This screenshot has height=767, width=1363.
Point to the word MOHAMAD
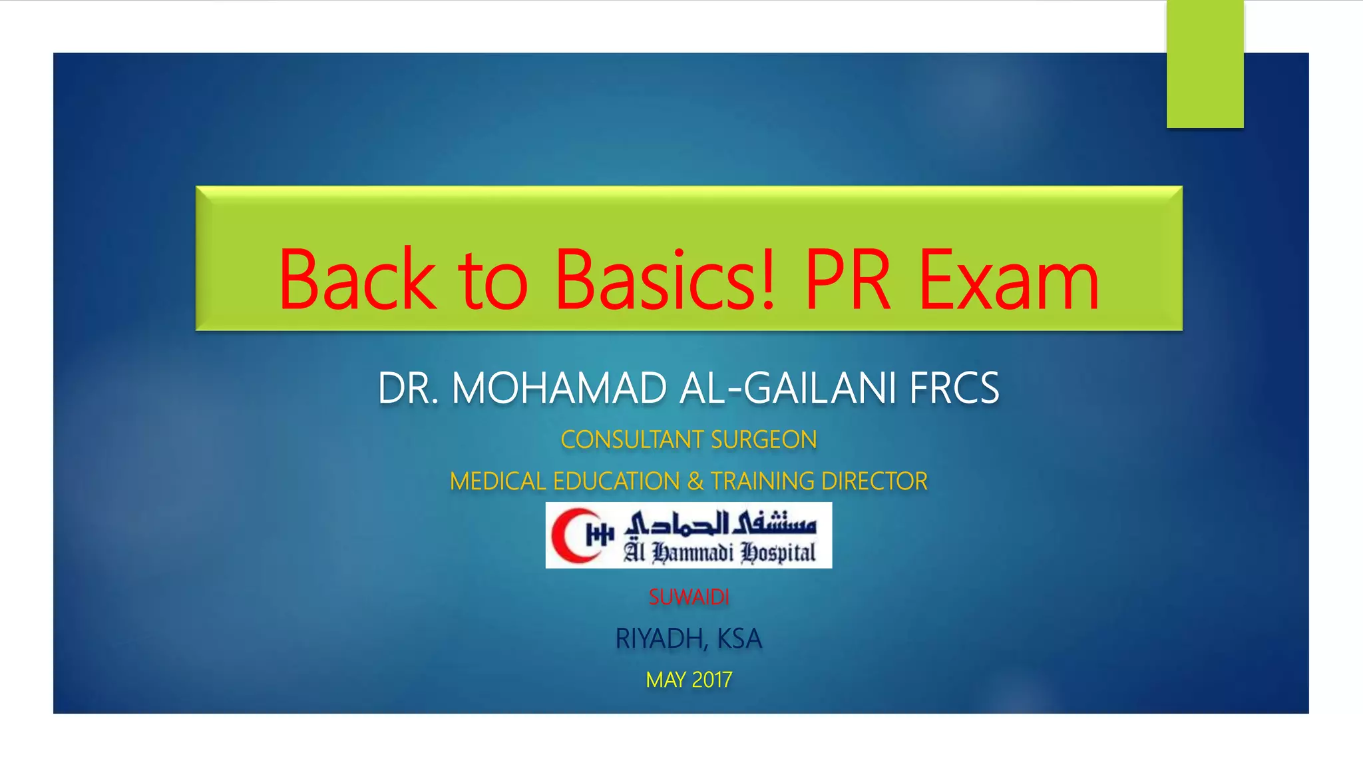tap(559, 388)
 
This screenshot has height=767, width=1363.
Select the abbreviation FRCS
tap(954, 388)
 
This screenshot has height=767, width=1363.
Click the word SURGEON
tap(763, 440)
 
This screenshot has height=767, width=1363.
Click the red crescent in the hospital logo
tap(573, 535)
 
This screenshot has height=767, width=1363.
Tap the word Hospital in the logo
tap(778, 553)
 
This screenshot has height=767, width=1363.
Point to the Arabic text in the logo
tap(720, 523)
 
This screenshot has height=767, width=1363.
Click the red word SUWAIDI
tap(689, 597)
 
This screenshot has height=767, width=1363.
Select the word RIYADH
tap(660, 639)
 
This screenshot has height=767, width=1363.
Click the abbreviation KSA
tap(739, 639)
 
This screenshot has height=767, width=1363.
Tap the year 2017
tap(711, 680)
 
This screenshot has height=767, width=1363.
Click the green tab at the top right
tap(1205, 64)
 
